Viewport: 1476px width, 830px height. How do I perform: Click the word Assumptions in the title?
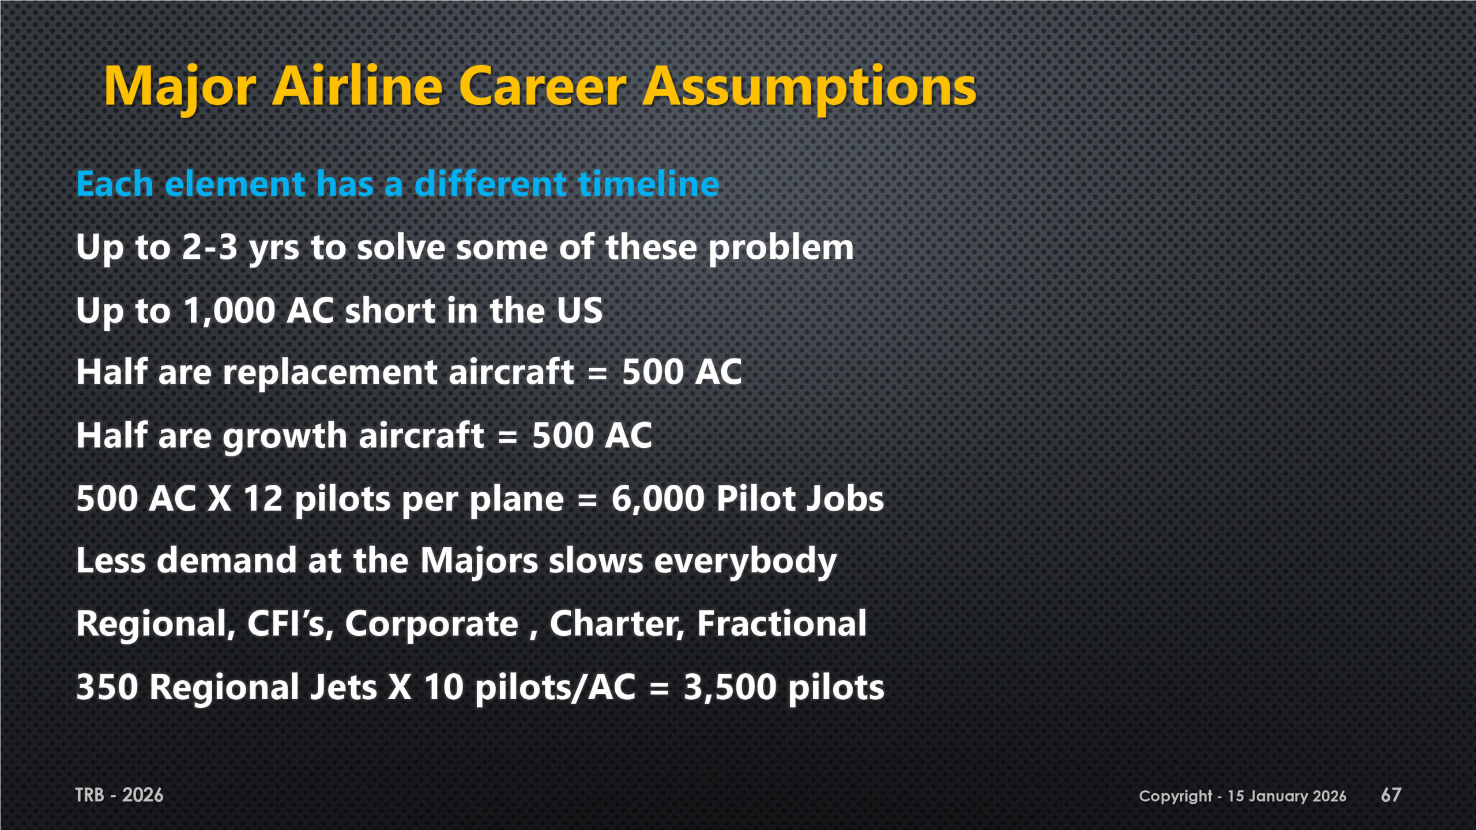pyautogui.click(x=809, y=88)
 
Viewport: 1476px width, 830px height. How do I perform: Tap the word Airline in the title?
pyautogui.click(x=357, y=86)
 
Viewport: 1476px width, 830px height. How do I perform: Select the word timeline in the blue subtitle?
pyautogui.click(x=649, y=184)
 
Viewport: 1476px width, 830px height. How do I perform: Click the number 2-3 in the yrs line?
pyautogui.click(x=209, y=247)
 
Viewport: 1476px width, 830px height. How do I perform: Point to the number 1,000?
pyautogui.click(x=229, y=311)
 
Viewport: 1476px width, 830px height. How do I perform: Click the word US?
pyautogui.click(x=579, y=311)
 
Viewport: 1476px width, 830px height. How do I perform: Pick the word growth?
pyautogui.click(x=285, y=436)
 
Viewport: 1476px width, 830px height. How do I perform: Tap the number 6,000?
pyautogui.click(x=658, y=499)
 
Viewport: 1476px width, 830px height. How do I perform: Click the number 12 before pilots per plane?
pyautogui.click(x=263, y=499)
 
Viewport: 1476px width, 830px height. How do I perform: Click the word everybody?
pyautogui.click(x=745, y=563)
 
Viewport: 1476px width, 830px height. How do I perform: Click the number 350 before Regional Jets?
pyautogui.click(x=107, y=688)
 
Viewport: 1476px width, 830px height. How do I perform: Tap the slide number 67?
pyautogui.click(x=1391, y=795)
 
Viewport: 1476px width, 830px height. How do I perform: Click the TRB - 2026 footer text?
pyautogui.click(x=119, y=795)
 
